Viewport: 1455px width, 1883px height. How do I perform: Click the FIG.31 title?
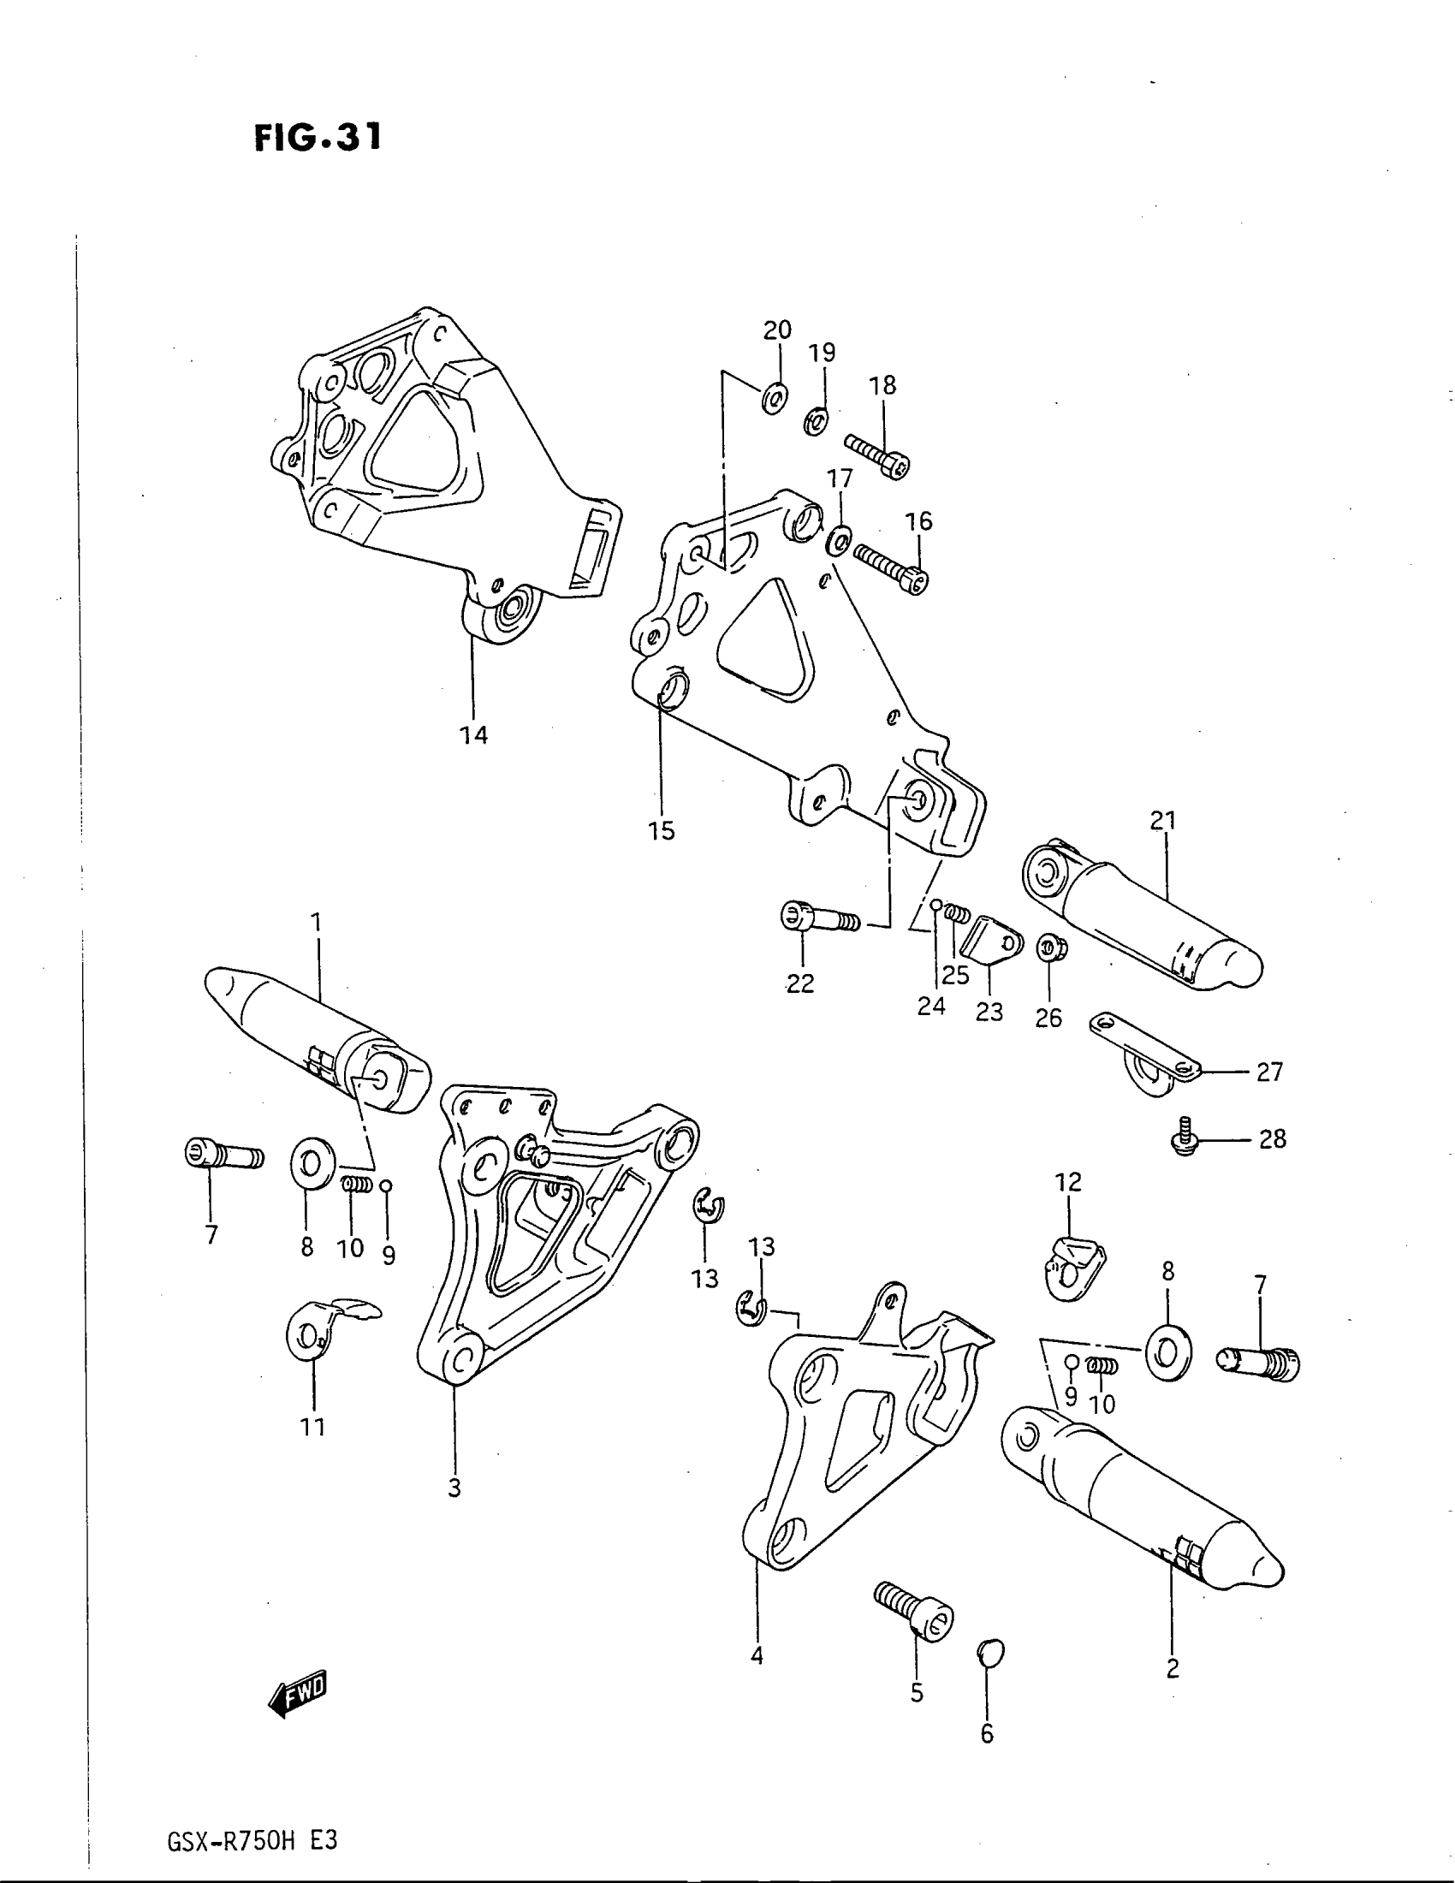pyautogui.click(x=318, y=137)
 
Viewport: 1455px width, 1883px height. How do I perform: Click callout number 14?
pyautogui.click(x=473, y=735)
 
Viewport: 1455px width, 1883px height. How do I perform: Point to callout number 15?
pyautogui.click(x=662, y=831)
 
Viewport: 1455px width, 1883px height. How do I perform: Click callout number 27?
pyautogui.click(x=1269, y=1072)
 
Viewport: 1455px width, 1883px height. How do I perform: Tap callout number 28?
pyautogui.click(x=1272, y=1139)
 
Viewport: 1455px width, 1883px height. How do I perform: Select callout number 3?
pyautogui.click(x=454, y=1488)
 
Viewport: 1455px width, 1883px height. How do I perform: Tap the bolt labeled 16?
pyautogui.click(x=890, y=566)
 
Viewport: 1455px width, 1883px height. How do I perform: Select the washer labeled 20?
pyautogui.click(x=774, y=397)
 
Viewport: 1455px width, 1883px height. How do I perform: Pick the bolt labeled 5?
pyautogui.click(x=914, y=1612)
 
